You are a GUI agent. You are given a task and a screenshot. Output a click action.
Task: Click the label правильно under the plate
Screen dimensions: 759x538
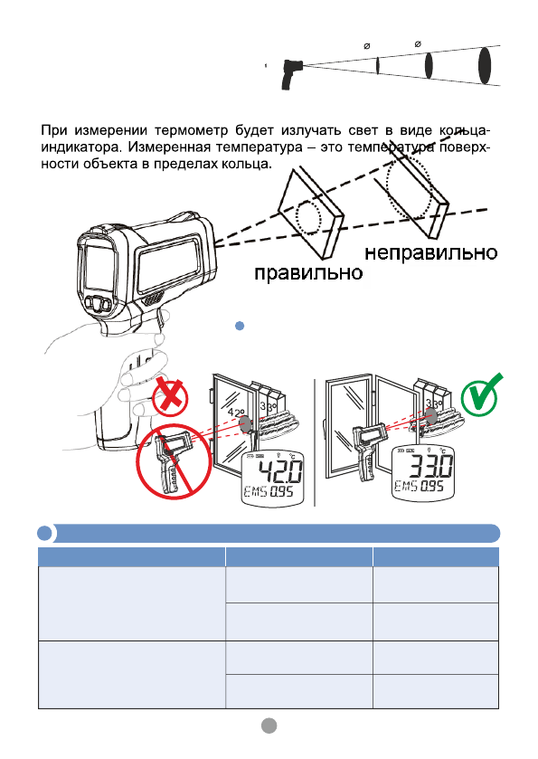coord(308,272)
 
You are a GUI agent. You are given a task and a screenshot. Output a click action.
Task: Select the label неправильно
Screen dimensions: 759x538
coord(430,251)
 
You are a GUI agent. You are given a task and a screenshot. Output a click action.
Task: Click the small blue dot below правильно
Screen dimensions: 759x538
coord(240,325)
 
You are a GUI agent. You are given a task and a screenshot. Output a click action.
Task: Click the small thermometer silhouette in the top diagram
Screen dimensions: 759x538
coord(292,70)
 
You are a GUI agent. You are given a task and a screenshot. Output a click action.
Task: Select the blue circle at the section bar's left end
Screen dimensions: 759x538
coord(44,532)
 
